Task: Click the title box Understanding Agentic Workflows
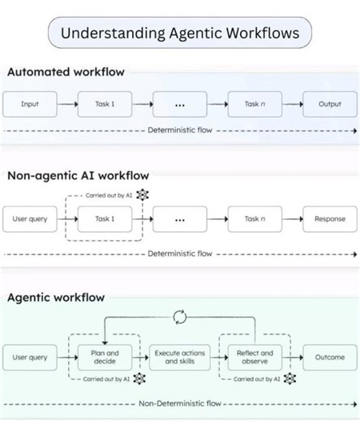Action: click(x=180, y=33)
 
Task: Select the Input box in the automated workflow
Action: click(x=30, y=105)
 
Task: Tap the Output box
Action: click(x=329, y=105)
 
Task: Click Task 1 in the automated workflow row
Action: click(x=105, y=105)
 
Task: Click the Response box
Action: click(x=329, y=219)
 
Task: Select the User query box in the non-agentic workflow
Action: click(x=30, y=219)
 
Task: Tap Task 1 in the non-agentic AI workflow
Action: click(x=105, y=219)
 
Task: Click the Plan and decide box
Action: click(x=105, y=357)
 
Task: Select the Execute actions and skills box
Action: click(x=180, y=357)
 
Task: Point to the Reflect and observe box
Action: click(x=255, y=357)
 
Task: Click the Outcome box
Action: click(x=329, y=357)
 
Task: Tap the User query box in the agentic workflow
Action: click(x=30, y=357)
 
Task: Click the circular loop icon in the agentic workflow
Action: click(x=180, y=317)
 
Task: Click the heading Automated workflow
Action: click(x=66, y=72)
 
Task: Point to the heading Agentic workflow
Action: click(x=56, y=298)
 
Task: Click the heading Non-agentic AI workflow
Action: click(x=78, y=174)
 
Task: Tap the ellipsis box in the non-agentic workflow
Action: click(x=180, y=219)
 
